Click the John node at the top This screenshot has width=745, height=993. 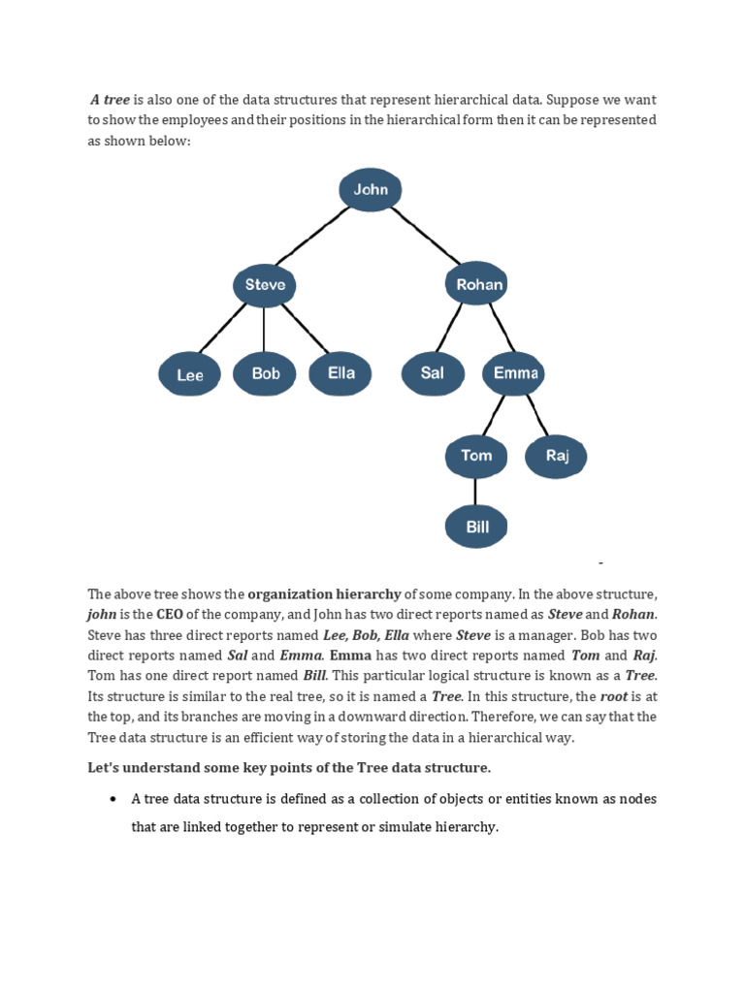pos(371,190)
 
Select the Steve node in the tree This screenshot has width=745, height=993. pos(265,285)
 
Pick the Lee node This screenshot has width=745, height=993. pos(190,375)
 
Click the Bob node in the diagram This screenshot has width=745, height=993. pos(265,373)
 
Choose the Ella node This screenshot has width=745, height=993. pos(340,373)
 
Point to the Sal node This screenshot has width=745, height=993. pos(433,373)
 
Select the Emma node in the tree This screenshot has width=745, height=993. pos(512,373)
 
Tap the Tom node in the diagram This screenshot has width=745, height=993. pos(475,456)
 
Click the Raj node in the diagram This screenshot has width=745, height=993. pos(556,456)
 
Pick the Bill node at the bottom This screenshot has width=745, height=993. pos(476,528)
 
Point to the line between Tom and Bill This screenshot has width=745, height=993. pos(476,492)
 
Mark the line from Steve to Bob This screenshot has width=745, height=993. pos(265,330)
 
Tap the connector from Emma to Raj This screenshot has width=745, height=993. pos(536,416)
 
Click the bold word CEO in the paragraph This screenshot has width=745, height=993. pos(170,614)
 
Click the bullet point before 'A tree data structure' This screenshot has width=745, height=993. pos(113,799)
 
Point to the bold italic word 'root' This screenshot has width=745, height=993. pos(613,696)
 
